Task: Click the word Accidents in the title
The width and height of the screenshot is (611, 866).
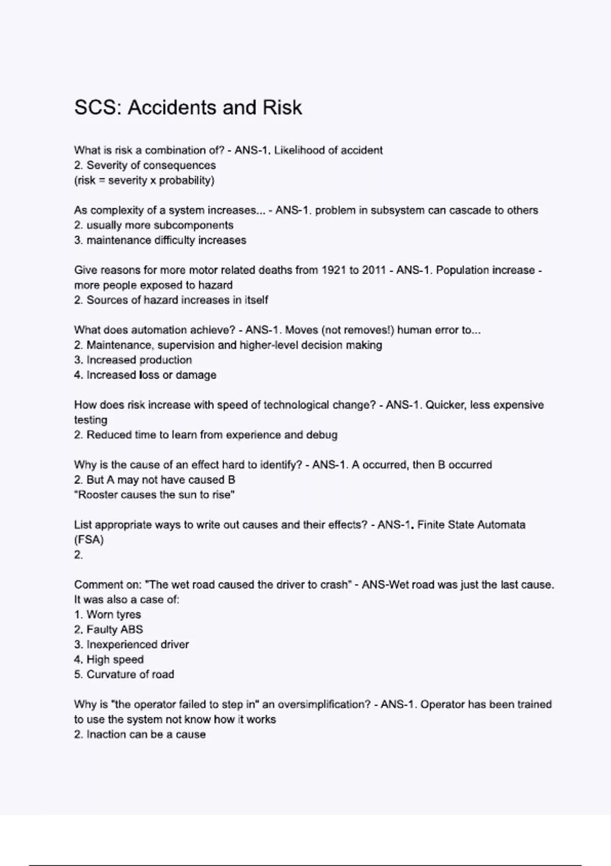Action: tap(173, 107)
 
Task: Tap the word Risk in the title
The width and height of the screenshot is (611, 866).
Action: tap(283, 107)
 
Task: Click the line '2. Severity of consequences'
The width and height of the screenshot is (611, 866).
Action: tap(145, 165)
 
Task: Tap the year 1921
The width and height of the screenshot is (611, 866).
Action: tap(334, 270)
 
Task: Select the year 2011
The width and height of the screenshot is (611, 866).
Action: tap(374, 270)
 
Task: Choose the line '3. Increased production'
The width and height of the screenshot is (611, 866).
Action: tap(133, 360)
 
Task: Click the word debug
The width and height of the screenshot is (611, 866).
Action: tap(321, 435)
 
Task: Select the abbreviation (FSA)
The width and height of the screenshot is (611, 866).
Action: tap(89, 540)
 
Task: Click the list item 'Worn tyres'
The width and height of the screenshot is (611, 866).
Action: tap(114, 615)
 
